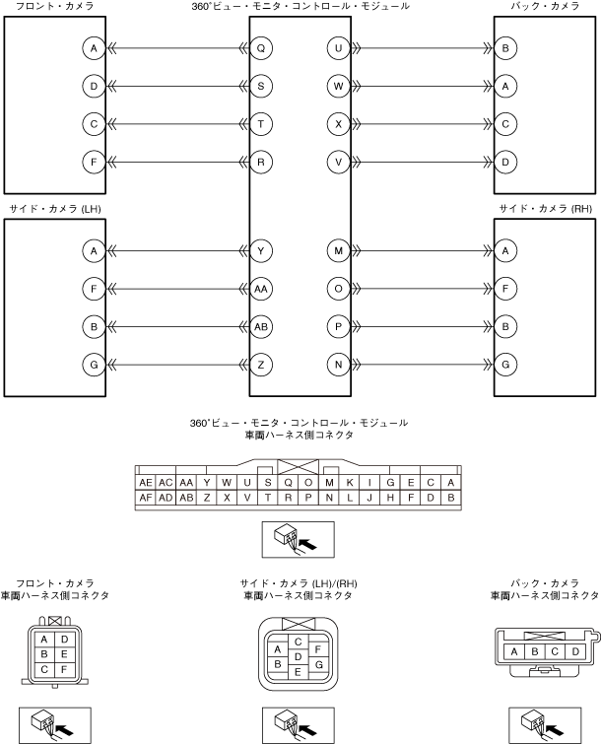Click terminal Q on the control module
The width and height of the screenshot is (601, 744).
pyautogui.click(x=260, y=48)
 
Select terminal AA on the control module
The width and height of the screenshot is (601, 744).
pyautogui.click(x=260, y=289)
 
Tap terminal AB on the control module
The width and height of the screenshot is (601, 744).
pyautogui.click(x=260, y=326)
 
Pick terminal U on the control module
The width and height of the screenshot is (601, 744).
pyautogui.click(x=339, y=48)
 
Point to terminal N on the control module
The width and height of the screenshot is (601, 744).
pyautogui.click(x=339, y=365)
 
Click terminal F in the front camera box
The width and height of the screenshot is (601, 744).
pyautogui.click(x=94, y=161)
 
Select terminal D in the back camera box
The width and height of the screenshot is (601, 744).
pyautogui.click(x=504, y=161)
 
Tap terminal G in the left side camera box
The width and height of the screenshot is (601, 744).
pyautogui.click(x=94, y=365)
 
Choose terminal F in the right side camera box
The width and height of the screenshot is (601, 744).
pyautogui.click(x=504, y=289)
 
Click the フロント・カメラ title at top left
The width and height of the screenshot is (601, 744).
pyautogui.click(x=55, y=7)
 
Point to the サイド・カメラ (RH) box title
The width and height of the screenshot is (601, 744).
pyautogui.click(x=545, y=209)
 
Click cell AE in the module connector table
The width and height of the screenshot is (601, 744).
pyautogui.click(x=146, y=482)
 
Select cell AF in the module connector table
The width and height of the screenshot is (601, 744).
pyautogui.click(x=146, y=498)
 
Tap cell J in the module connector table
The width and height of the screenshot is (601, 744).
pyautogui.click(x=369, y=498)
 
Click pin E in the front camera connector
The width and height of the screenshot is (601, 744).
pyautogui.click(x=64, y=653)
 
